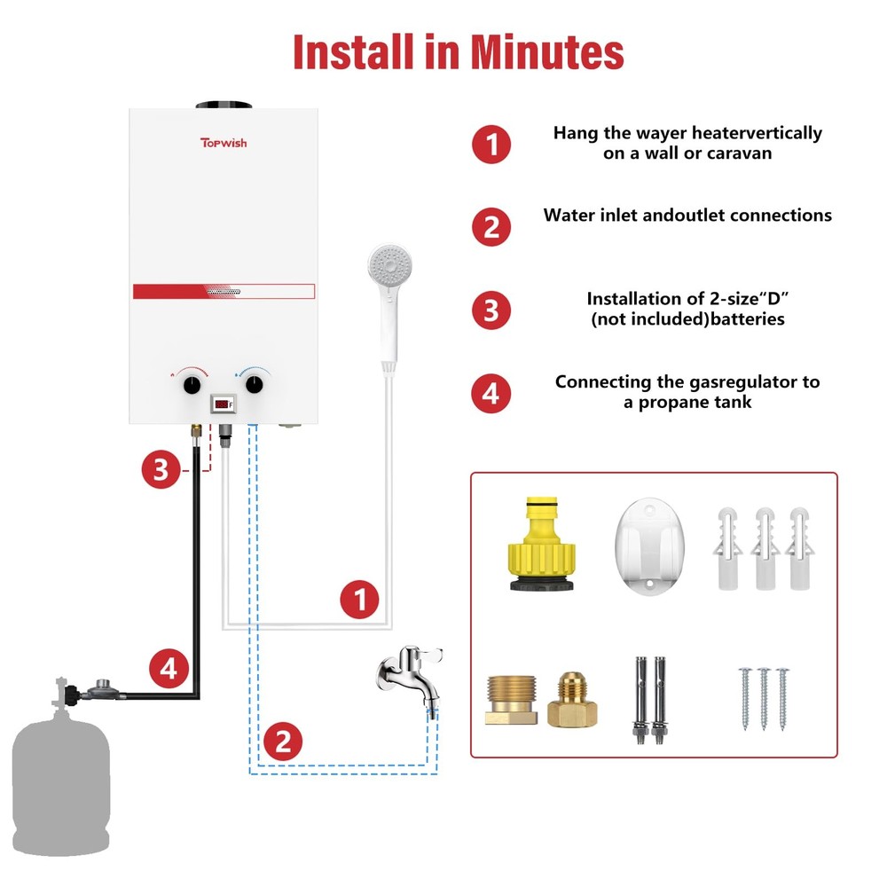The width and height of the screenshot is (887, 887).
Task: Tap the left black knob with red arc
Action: tap(192, 385)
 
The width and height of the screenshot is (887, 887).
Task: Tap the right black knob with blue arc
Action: tap(255, 385)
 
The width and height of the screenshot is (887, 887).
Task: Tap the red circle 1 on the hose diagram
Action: tap(360, 600)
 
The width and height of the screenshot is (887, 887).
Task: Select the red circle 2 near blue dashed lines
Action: tap(283, 741)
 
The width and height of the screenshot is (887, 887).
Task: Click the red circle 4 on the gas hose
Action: tap(169, 669)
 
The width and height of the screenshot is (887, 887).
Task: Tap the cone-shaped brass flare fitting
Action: tap(572, 700)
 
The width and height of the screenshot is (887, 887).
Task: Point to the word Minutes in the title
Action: tap(546, 52)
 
